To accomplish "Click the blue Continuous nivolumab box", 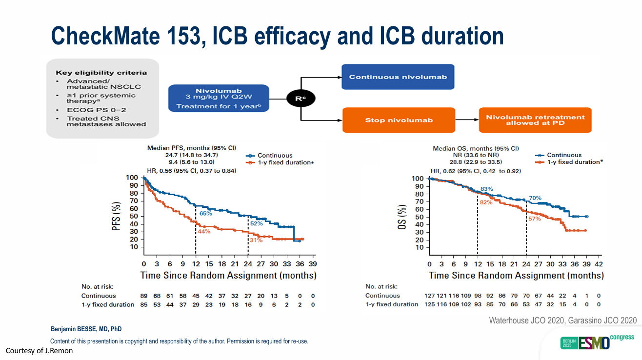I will click(398, 77).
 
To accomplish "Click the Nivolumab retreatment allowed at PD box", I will click(535, 120).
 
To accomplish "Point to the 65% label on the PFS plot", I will click(205, 214).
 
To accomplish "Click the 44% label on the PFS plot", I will click(204, 231).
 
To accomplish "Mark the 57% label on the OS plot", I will click(535, 219).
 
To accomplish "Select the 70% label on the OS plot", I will click(535, 198).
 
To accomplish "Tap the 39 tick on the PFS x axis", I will click(313, 264).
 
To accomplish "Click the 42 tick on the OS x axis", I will click(599, 264).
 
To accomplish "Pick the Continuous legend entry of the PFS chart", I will click(275, 155).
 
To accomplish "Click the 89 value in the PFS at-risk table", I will click(144, 296).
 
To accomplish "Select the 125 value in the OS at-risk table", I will click(431, 304).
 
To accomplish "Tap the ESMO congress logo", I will click(597, 341).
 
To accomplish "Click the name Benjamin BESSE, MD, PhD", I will click(86, 329).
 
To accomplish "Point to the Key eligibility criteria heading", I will click(101, 73).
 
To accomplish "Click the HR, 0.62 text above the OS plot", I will click(476, 171).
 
